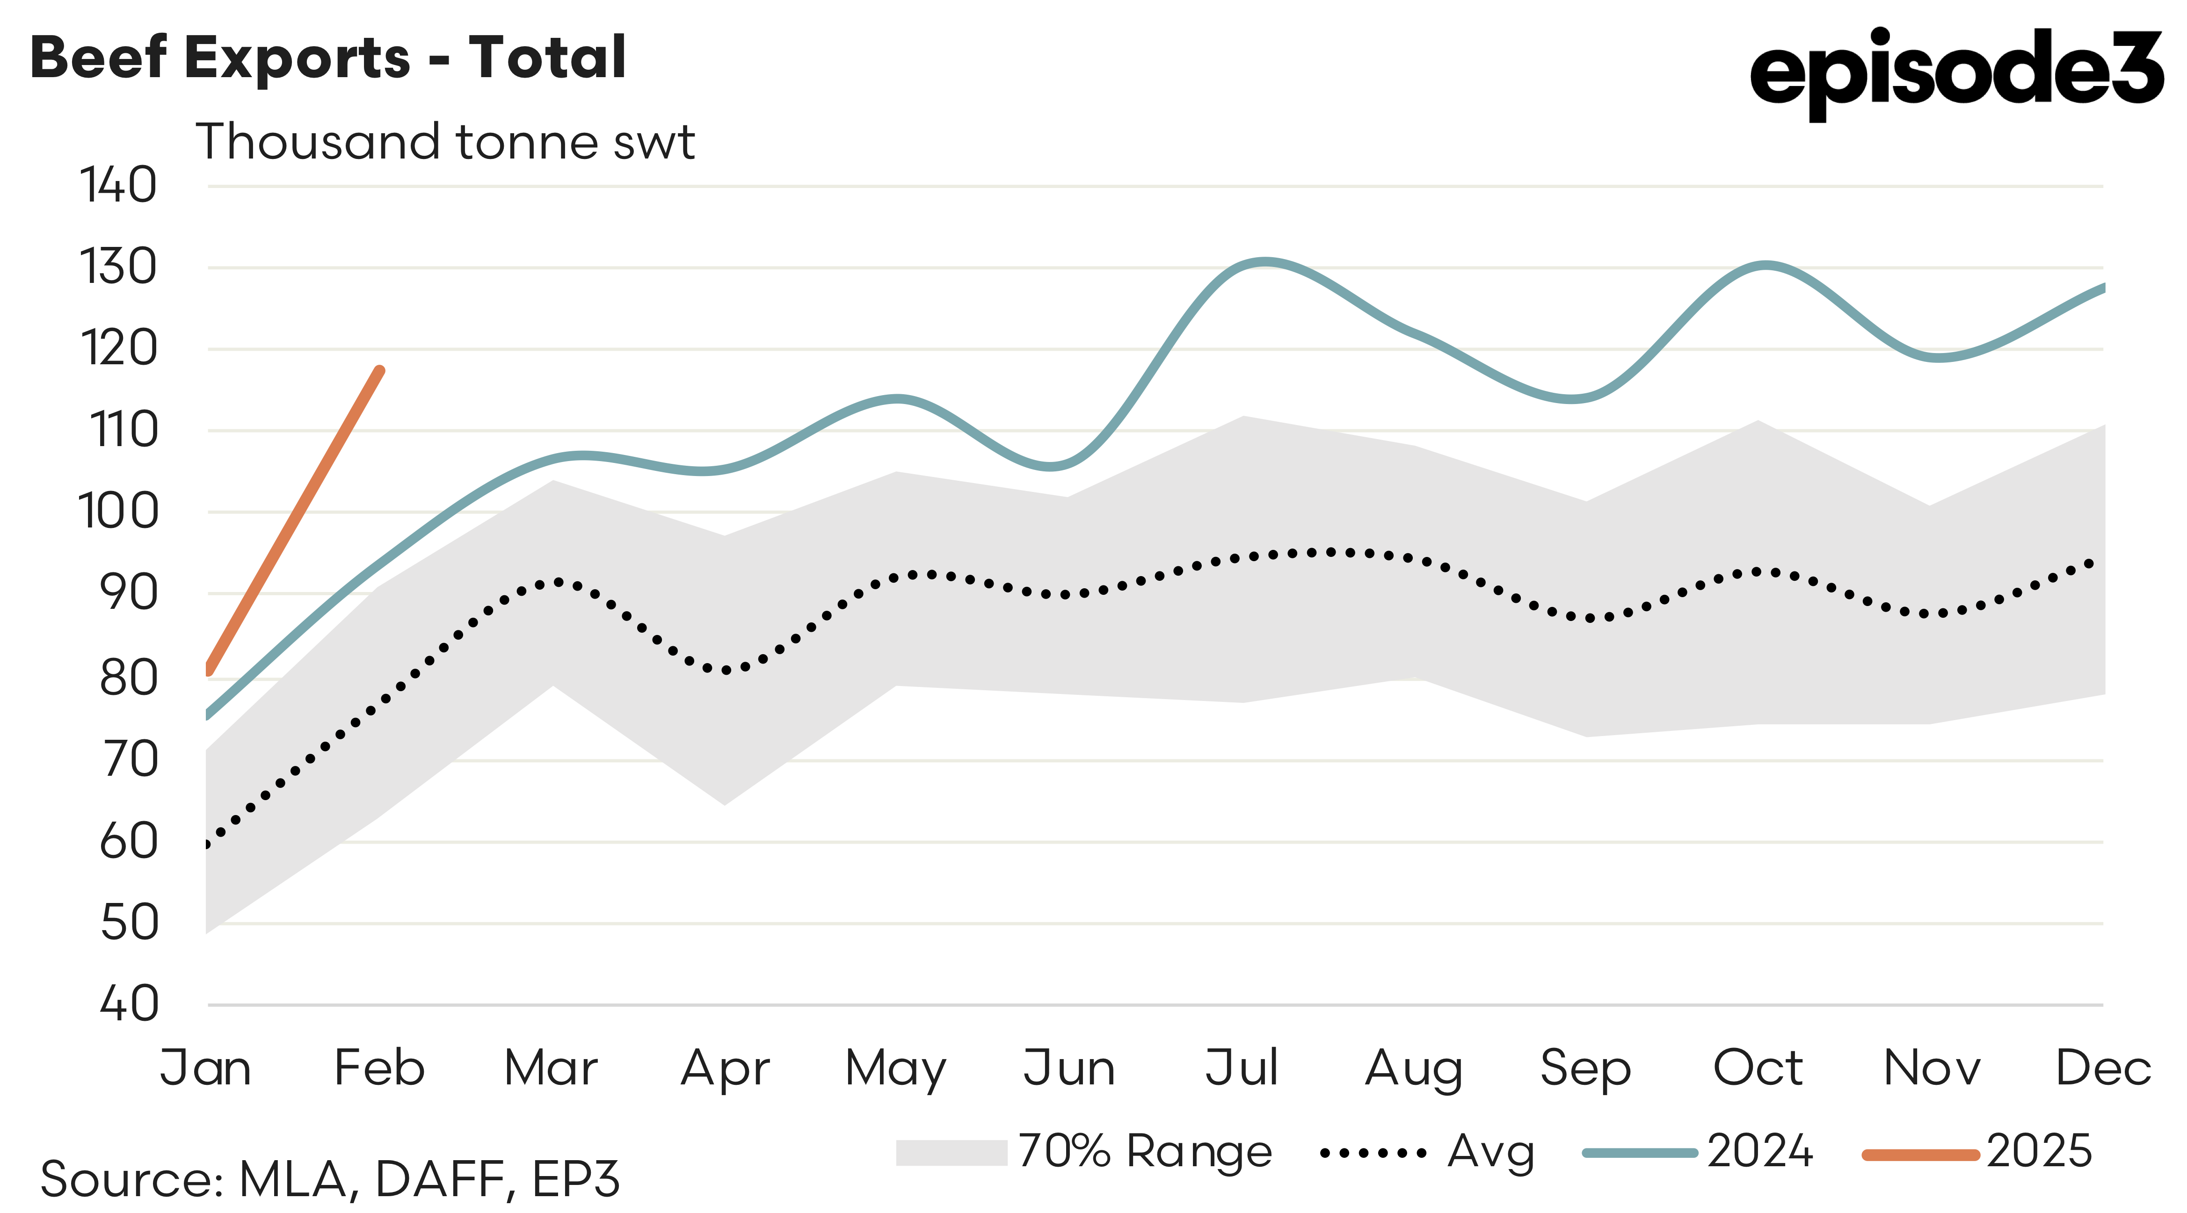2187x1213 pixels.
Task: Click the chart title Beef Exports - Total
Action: coord(328,58)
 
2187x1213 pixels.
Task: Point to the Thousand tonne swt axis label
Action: coord(445,142)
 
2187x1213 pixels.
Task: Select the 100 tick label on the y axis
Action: coord(118,512)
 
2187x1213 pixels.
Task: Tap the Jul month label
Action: coord(1241,1068)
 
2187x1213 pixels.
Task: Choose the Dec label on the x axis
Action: coord(2103,1068)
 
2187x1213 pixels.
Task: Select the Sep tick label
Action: coord(1585,1068)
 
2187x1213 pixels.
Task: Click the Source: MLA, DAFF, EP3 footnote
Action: coord(329,1179)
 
